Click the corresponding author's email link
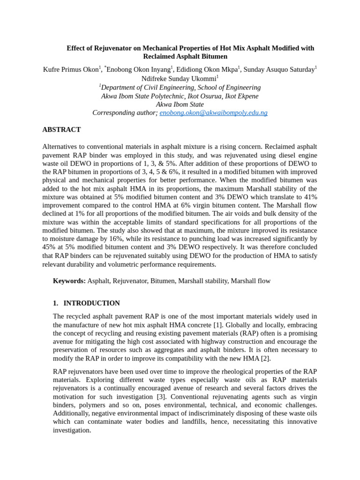click(x=213, y=113)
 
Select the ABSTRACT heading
click(x=61, y=129)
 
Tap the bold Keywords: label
click(x=69, y=281)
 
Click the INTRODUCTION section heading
click(x=91, y=303)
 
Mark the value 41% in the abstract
click(x=309, y=197)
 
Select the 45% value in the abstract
click(x=49, y=247)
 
